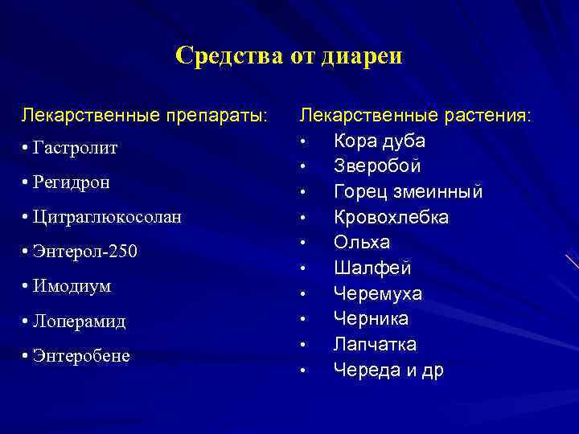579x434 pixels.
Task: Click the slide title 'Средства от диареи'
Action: point(289,55)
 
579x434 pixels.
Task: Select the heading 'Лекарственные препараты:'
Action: point(145,115)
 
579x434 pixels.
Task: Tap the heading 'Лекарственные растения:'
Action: point(415,115)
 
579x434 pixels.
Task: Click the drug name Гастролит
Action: point(76,149)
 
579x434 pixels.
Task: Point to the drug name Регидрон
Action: point(72,182)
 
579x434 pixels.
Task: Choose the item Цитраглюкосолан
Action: point(107,217)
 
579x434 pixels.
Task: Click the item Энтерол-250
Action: point(85,252)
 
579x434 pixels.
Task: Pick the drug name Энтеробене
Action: point(81,355)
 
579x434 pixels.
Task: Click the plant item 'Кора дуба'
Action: point(380,141)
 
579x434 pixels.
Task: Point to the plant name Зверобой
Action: point(378,166)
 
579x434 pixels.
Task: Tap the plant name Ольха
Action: point(363,243)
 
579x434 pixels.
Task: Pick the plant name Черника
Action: point(372,319)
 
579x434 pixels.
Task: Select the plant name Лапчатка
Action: point(376,345)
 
